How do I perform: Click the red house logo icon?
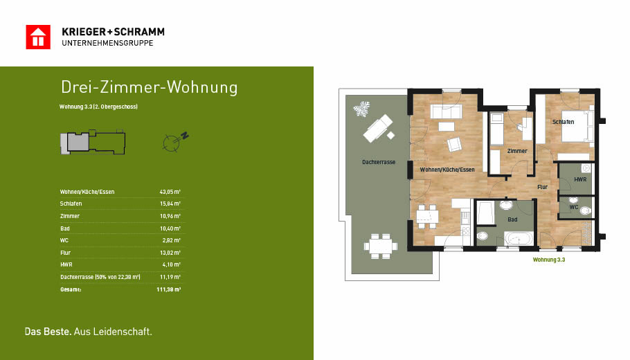click(38, 37)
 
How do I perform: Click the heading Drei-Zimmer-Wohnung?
click(149, 87)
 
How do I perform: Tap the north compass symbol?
click(175, 142)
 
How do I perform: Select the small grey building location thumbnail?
click(93, 142)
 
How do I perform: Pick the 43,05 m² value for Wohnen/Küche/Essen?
click(170, 192)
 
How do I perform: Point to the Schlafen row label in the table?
click(71, 204)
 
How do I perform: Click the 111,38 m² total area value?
click(169, 289)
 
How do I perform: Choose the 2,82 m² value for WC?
click(172, 240)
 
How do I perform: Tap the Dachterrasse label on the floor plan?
click(379, 162)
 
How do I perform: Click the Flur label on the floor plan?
click(542, 187)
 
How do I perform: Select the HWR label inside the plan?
click(579, 179)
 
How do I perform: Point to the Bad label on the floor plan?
click(512, 219)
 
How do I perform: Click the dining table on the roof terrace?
click(381, 246)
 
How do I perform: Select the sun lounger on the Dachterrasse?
click(378, 128)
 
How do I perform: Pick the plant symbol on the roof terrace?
click(361, 109)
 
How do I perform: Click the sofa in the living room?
click(446, 111)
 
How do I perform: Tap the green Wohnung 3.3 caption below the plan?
click(549, 260)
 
